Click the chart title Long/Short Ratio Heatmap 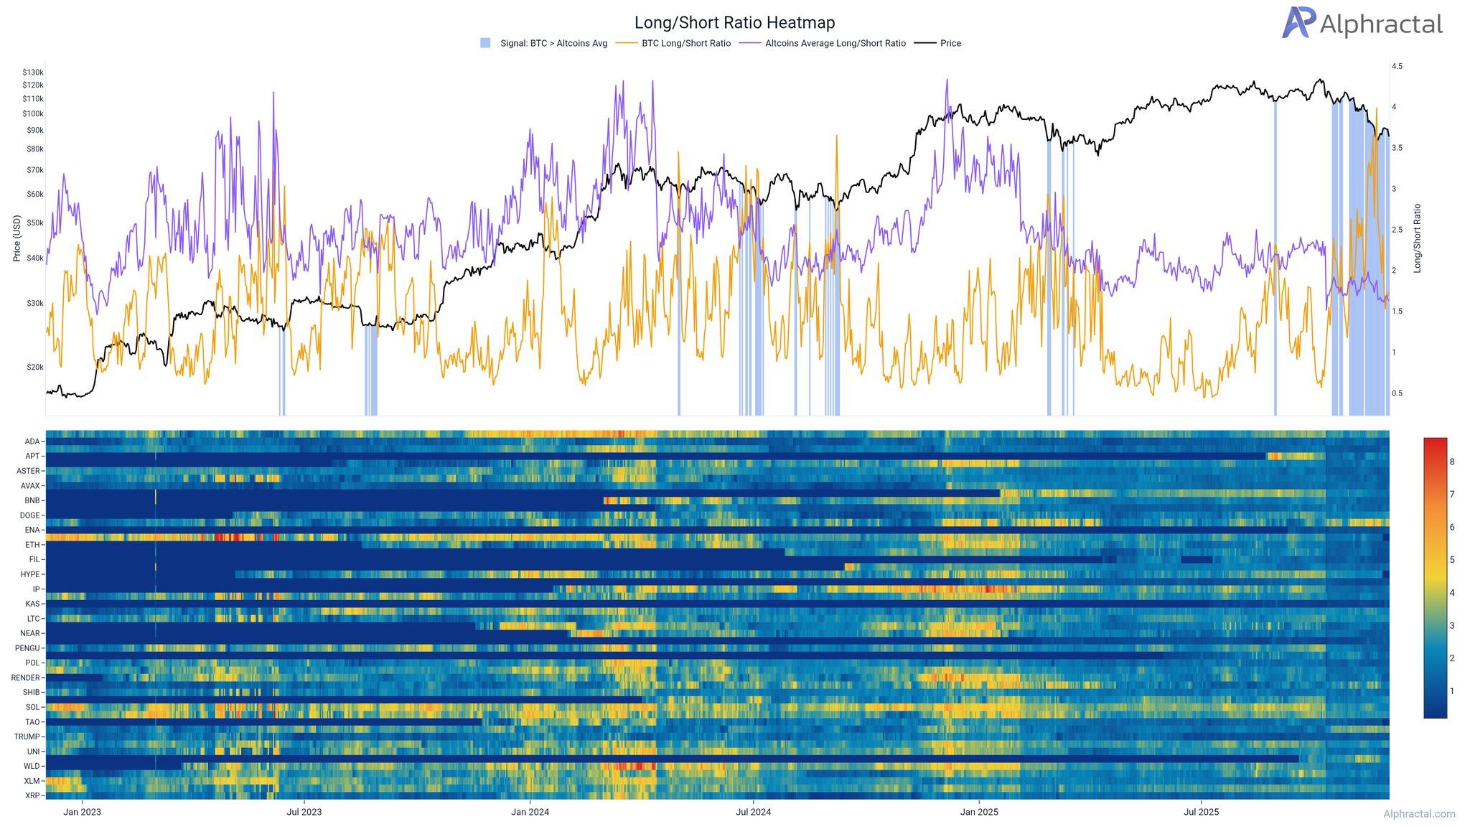click(x=734, y=23)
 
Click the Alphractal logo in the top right click(x=1362, y=24)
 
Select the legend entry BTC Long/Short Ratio click(x=685, y=44)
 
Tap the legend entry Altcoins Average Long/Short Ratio click(x=835, y=44)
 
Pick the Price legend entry click(x=950, y=44)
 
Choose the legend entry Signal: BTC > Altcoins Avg click(x=553, y=44)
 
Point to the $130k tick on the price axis click(x=33, y=73)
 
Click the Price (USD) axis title click(x=17, y=238)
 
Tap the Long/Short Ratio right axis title click(x=1417, y=238)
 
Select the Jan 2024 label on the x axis click(x=530, y=813)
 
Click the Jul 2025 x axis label click(x=1201, y=813)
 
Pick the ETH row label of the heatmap click(x=33, y=545)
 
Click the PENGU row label click(x=28, y=648)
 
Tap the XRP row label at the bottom click(x=32, y=795)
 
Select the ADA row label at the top click(x=32, y=441)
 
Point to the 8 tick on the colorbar click(x=1452, y=462)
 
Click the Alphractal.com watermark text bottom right click(x=1419, y=814)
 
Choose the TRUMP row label click(x=28, y=737)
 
